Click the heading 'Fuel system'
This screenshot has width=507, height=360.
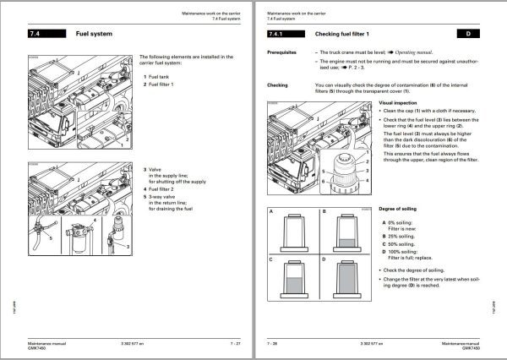click(x=95, y=35)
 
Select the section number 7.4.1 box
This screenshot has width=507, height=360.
click(x=279, y=35)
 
